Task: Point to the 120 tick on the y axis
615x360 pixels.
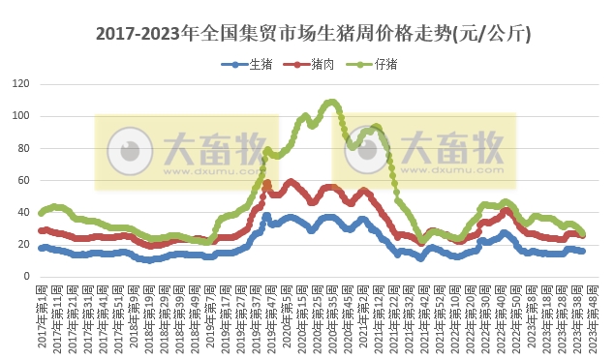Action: (20, 84)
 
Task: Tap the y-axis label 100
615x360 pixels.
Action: (20, 116)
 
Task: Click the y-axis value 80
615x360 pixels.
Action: (23, 148)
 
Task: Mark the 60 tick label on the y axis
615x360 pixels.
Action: (23, 180)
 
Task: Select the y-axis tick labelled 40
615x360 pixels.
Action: (23, 212)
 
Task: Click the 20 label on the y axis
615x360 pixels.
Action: (23, 244)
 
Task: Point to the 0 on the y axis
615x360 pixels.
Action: (26, 276)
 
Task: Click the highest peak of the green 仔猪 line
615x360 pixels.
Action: (331, 101)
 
